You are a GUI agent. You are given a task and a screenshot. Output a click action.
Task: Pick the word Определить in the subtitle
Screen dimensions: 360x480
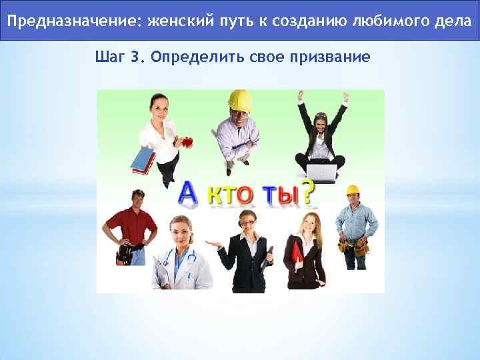pos(187,56)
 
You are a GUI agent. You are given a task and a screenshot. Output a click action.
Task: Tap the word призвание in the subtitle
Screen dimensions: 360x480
pos(331,56)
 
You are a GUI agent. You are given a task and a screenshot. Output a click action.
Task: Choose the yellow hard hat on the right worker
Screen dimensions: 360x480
pos(352,190)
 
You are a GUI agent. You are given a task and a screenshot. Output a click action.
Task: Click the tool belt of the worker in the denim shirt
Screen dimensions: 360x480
pos(354,247)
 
